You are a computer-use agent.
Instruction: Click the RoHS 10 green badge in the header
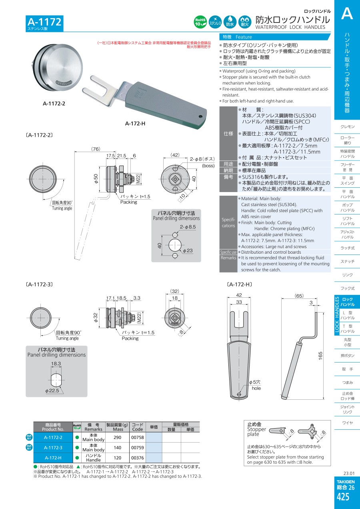pos(200,22)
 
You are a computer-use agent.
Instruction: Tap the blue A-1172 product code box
pos(44,23)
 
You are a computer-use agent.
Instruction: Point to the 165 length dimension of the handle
pos(320,356)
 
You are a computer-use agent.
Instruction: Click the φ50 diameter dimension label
pos(96,178)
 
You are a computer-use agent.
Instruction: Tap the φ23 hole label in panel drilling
pos(188,250)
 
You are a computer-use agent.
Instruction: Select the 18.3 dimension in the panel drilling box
pos(56,364)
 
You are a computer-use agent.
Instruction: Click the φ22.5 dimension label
pos(52,391)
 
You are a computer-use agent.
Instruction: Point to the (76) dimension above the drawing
pos(96,149)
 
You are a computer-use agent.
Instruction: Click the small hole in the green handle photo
pos(200,116)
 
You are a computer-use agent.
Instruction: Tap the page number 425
pos(343,497)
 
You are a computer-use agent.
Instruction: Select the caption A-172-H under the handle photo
pos(135,124)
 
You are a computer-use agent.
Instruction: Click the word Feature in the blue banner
pos(244,37)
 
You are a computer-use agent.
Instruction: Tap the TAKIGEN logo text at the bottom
pos(346,481)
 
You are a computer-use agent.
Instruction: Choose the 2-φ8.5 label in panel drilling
pos(188,227)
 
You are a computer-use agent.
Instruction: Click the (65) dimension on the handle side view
pos(299,296)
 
